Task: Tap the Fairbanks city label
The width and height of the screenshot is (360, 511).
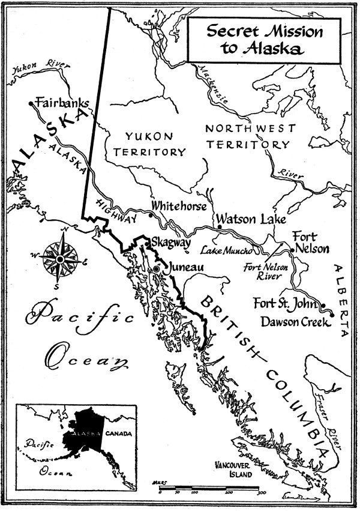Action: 62,103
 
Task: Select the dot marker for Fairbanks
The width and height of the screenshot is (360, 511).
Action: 31,104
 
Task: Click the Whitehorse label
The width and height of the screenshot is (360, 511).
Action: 179,206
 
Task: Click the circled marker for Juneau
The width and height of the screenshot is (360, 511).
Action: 157,270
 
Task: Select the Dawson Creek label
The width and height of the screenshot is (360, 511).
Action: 295,321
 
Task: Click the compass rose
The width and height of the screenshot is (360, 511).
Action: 60,258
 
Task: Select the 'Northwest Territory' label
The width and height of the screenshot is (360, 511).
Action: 250,136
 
